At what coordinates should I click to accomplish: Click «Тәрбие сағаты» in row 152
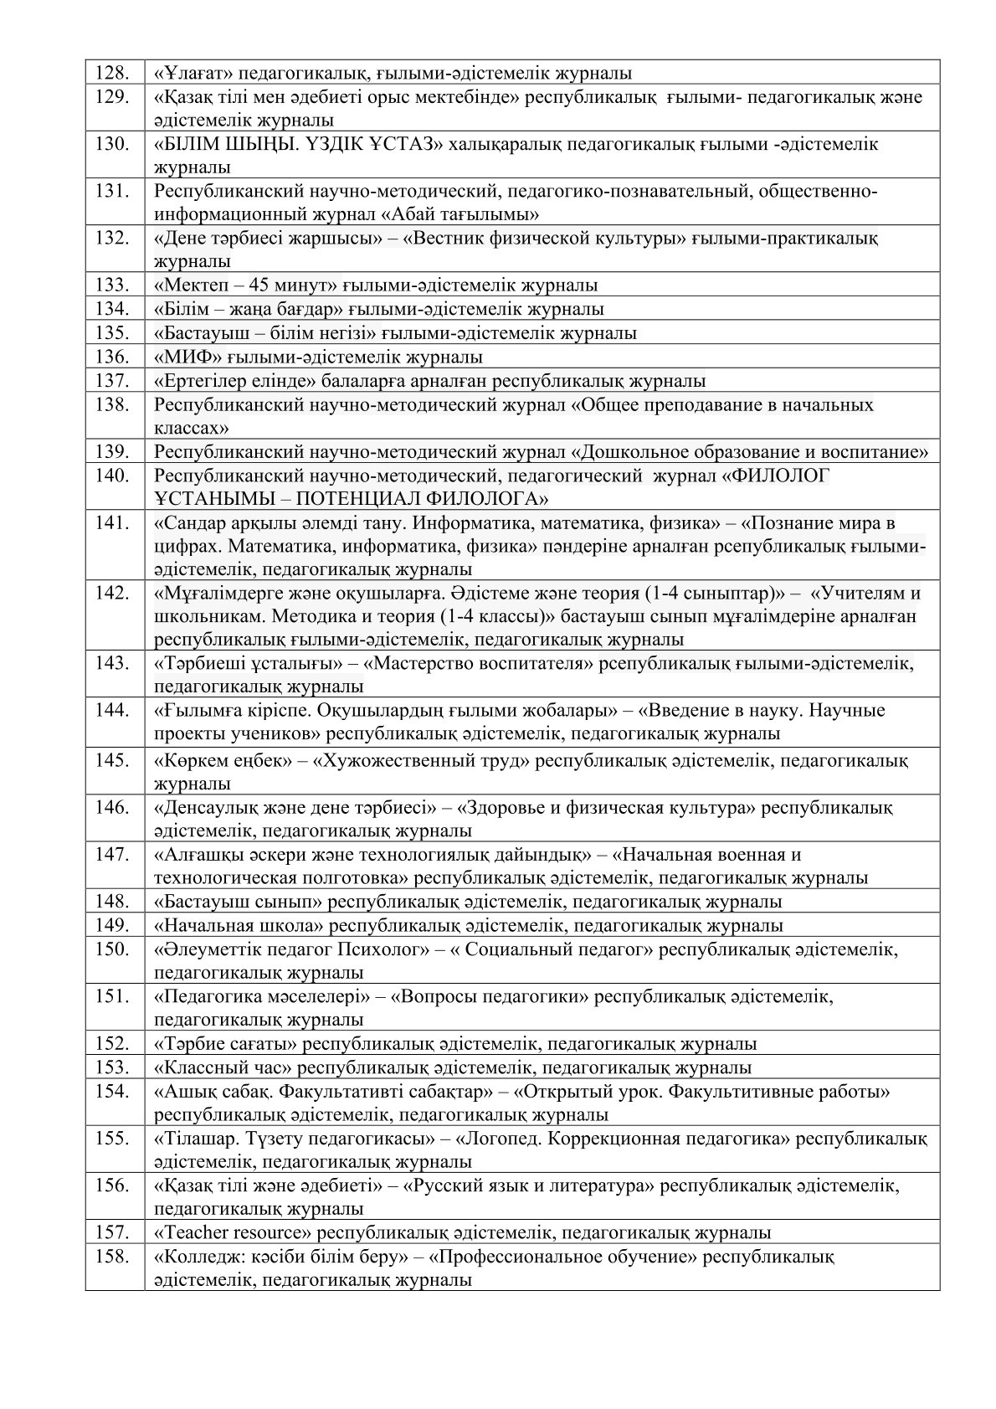click(x=223, y=1044)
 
